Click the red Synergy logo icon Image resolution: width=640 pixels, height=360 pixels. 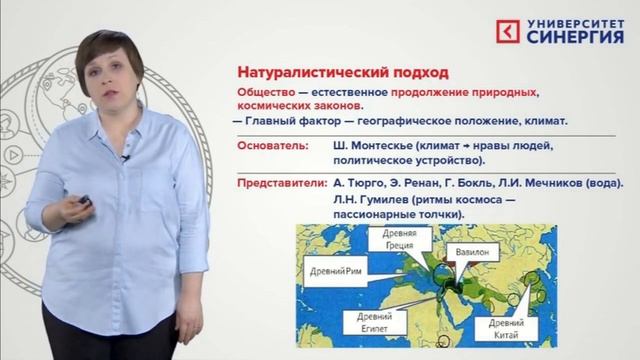pyautogui.click(x=509, y=31)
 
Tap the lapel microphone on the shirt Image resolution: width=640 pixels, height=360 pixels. pyautogui.click(x=125, y=157)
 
